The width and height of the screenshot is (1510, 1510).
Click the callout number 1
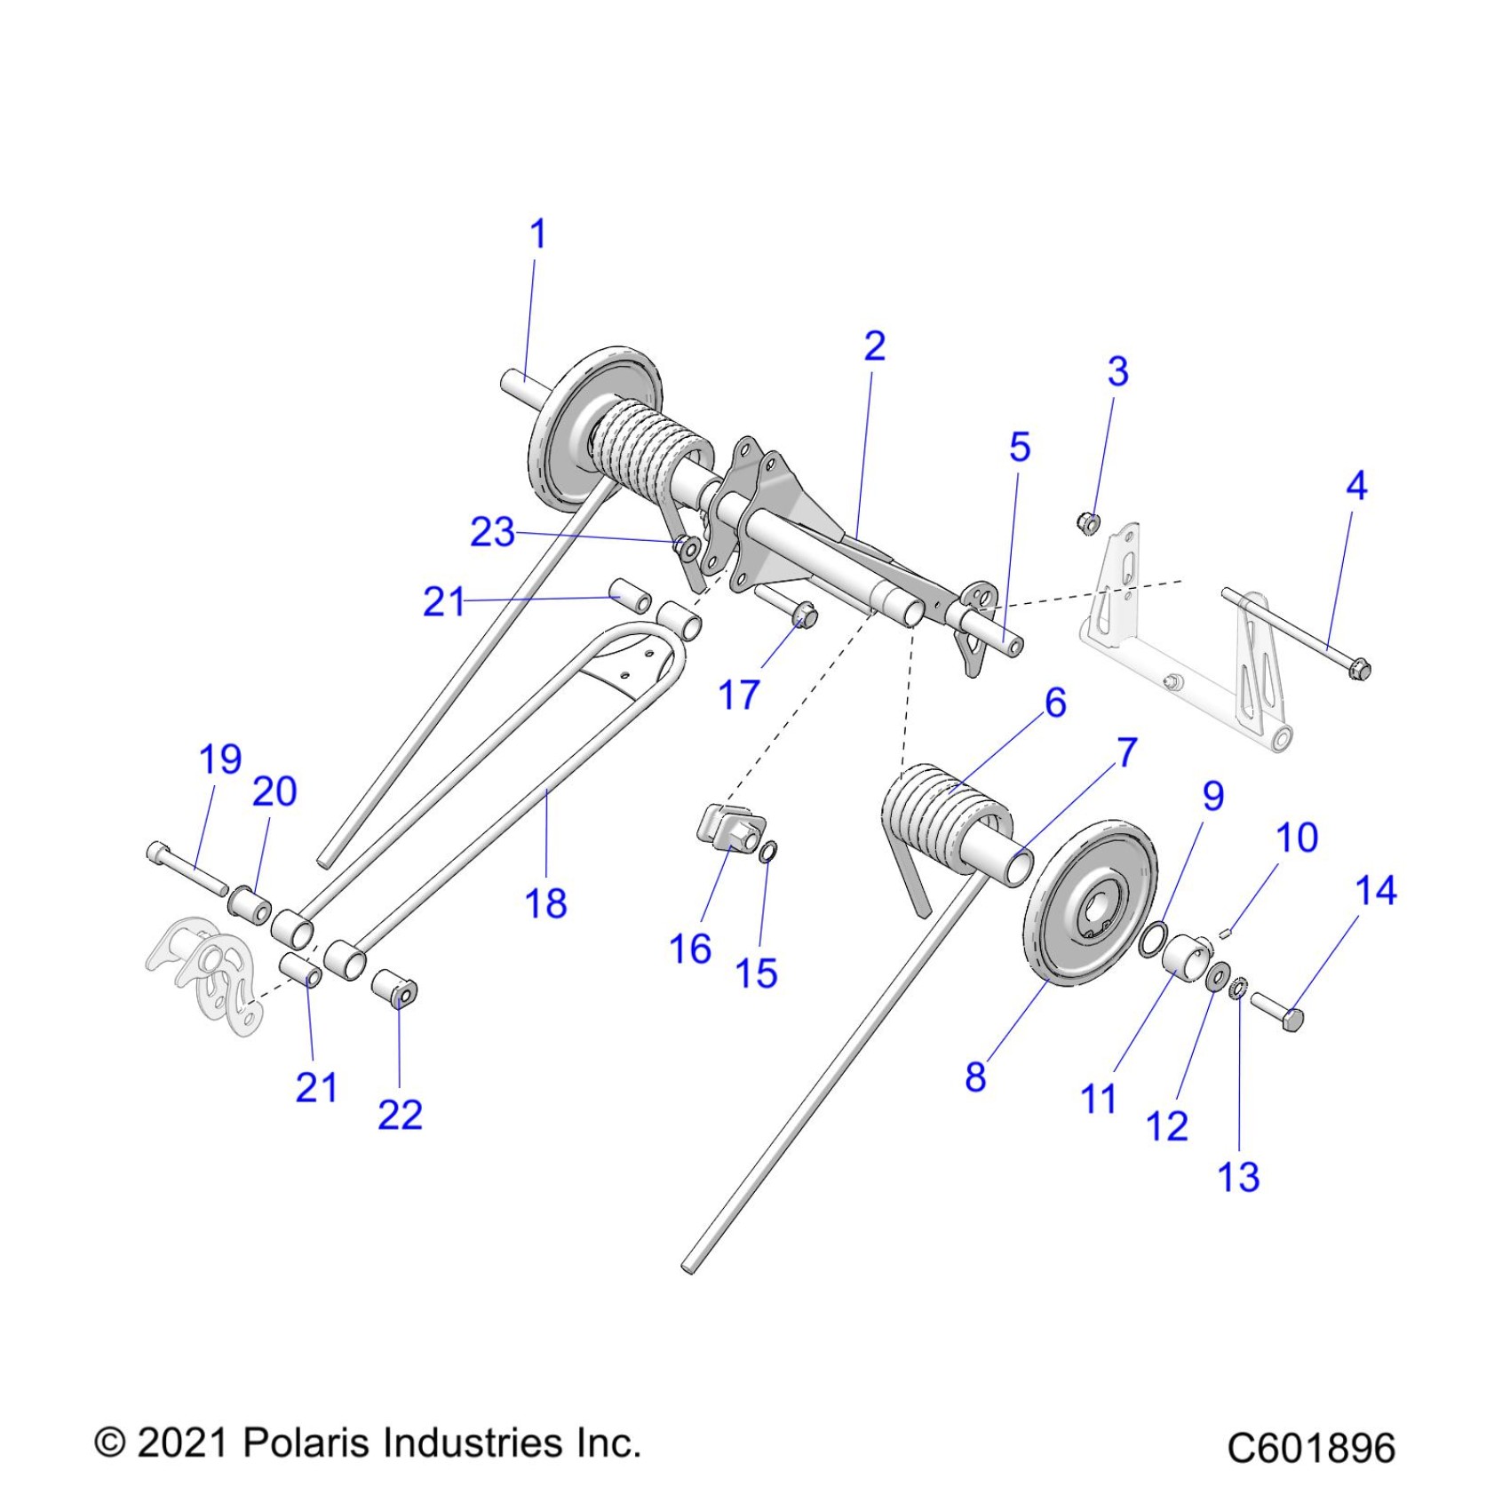point(537,234)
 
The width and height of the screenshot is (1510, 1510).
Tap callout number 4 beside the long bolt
point(1356,486)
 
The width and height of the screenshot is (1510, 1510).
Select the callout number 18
point(545,904)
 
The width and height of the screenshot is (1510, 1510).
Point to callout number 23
point(492,532)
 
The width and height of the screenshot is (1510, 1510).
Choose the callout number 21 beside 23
point(443,602)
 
